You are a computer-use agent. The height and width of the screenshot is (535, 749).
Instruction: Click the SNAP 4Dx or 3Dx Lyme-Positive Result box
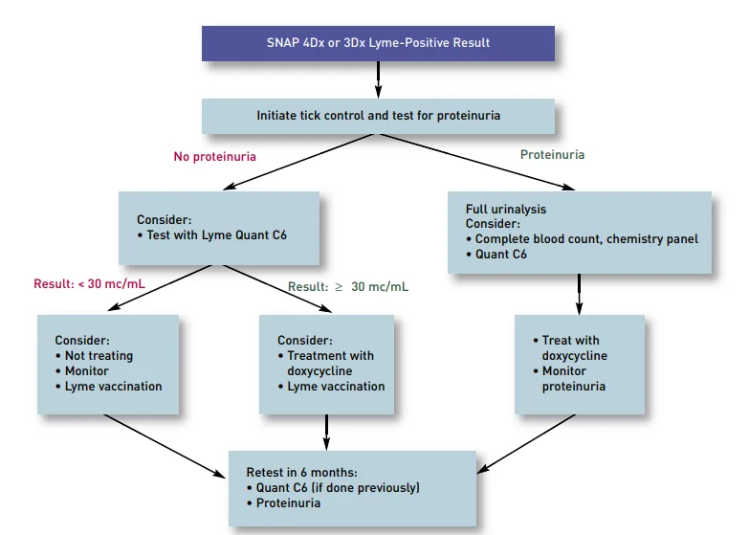click(378, 43)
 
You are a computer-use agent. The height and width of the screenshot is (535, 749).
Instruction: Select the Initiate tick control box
click(378, 116)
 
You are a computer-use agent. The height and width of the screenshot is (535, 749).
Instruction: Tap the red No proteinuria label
click(214, 156)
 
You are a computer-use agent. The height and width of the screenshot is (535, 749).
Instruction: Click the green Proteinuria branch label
click(552, 154)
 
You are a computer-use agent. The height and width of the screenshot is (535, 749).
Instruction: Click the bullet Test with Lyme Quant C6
click(211, 234)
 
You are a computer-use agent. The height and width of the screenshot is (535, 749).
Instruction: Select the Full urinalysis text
click(506, 209)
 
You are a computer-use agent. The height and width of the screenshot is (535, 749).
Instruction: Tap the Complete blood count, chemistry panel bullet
click(586, 239)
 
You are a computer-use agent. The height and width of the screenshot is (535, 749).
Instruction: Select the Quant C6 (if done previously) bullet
click(337, 488)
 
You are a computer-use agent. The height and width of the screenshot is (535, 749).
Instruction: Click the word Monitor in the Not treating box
click(86, 371)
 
